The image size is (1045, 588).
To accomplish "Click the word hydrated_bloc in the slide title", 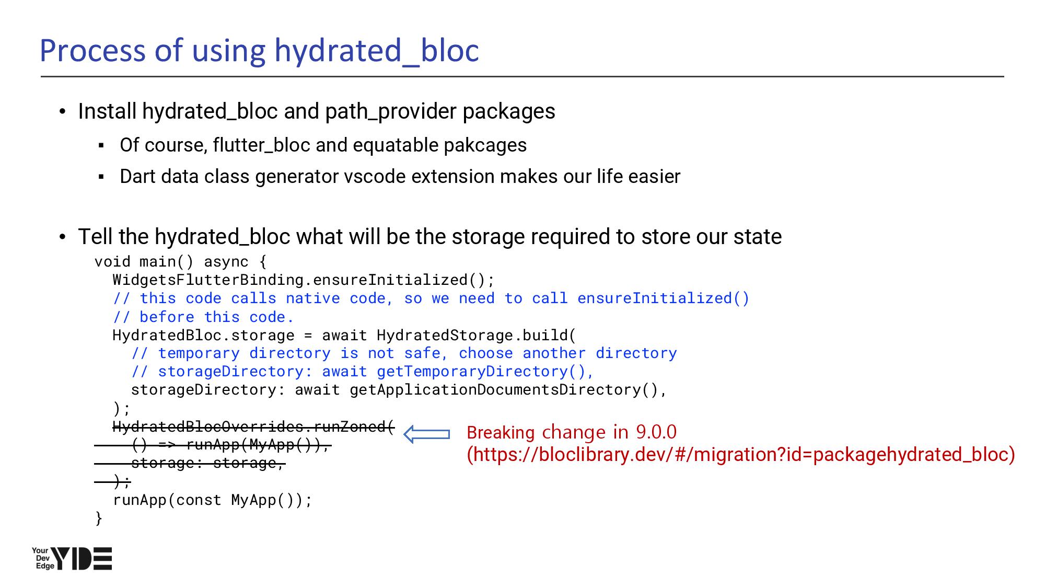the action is pyautogui.click(x=377, y=51).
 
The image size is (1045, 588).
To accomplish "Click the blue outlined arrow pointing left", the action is pyautogui.click(x=427, y=434).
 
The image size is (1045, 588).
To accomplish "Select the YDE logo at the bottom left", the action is pyautogui.click(x=72, y=558).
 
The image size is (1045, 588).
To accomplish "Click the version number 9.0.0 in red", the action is pyautogui.click(x=656, y=432).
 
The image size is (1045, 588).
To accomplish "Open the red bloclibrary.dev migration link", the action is pyautogui.click(x=741, y=454).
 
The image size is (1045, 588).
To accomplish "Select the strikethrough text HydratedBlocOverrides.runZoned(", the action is pyautogui.click(x=253, y=426).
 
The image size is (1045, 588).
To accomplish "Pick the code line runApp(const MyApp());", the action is pyautogui.click(x=212, y=500).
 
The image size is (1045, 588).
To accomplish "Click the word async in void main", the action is pyautogui.click(x=226, y=262).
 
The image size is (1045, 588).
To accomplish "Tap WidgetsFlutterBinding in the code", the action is pyautogui.click(x=208, y=280).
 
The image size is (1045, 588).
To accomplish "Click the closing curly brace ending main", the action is pyautogui.click(x=99, y=518).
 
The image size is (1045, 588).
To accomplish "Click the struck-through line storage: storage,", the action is pyautogui.click(x=207, y=463).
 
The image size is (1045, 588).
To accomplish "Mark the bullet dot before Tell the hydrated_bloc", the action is pyautogui.click(x=63, y=237).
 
